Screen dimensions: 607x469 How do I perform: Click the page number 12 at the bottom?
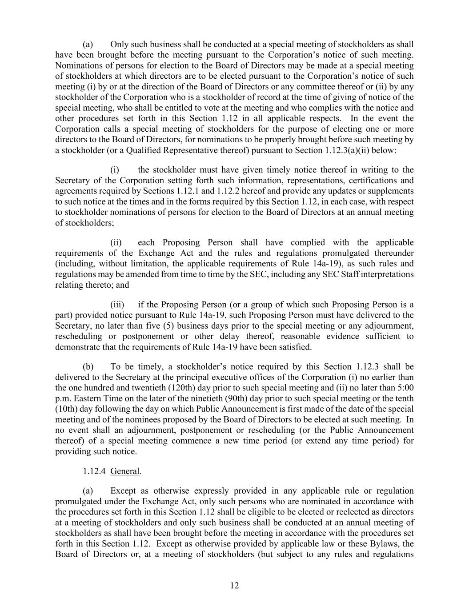[234, 586]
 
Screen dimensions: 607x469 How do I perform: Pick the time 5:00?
[404, 388]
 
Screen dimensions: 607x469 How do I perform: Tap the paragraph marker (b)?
[88, 367]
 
